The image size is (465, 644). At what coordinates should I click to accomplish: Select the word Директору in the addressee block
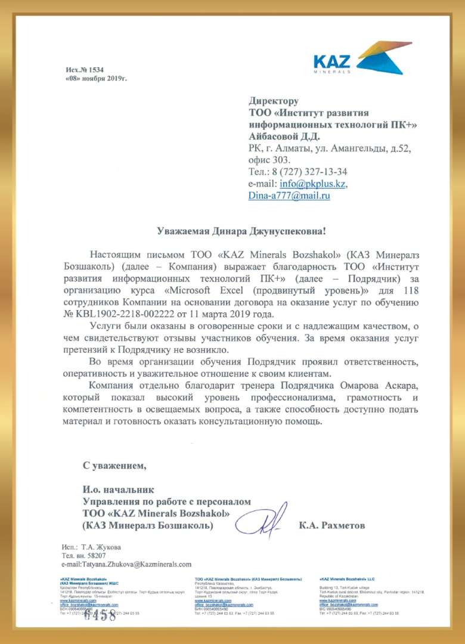coord(274,101)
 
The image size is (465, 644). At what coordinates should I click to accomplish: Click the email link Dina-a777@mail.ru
coord(289,196)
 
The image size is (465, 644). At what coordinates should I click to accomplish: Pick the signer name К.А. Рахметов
coord(331,525)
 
